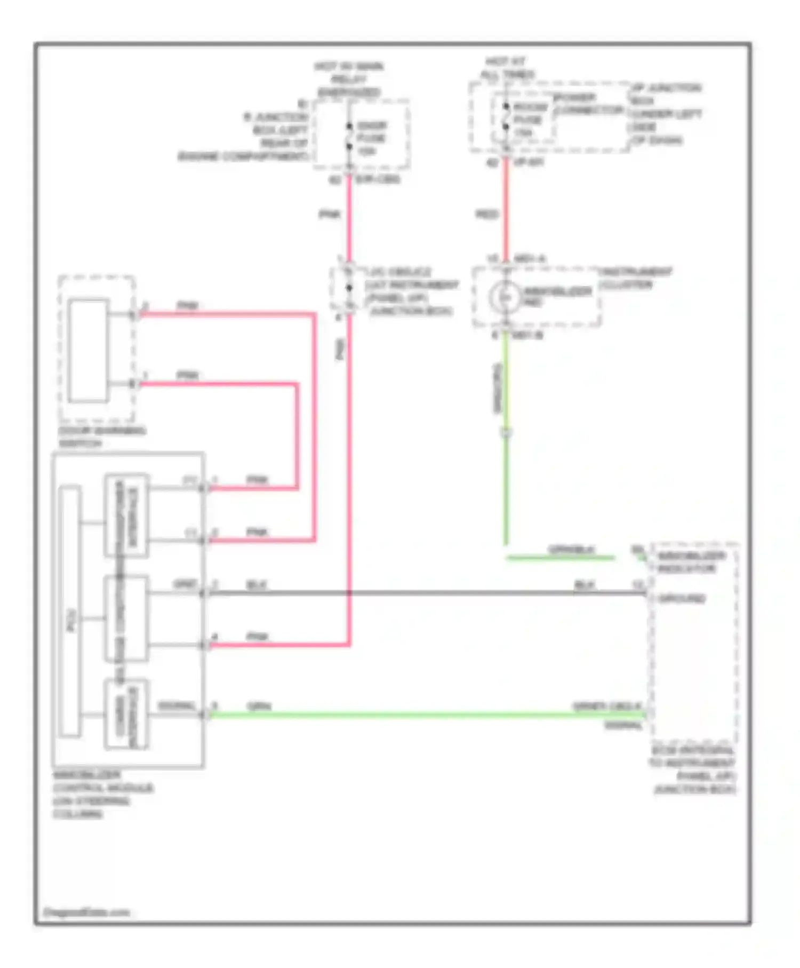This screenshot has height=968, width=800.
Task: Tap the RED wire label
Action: (x=486, y=215)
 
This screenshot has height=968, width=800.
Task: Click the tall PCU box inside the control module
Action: (x=70, y=611)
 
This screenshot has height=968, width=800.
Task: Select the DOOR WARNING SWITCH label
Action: (x=101, y=437)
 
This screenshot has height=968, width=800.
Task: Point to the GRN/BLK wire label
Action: (x=571, y=550)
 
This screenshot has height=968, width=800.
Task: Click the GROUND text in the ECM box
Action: (x=681, y=599)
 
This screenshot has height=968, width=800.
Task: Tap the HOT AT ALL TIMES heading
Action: (x=507, y=68)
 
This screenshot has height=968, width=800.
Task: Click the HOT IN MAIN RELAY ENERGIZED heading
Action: (x=349, y=79)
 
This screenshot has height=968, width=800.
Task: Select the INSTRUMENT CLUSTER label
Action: (x=636, y=278)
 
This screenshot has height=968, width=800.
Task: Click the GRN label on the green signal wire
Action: (x=259, y=707)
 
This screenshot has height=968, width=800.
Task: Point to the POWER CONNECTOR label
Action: (x=588, y=104)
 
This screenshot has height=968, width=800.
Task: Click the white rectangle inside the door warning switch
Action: (x=89, y=351)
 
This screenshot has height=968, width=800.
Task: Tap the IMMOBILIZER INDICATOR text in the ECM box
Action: (x=691, y=562)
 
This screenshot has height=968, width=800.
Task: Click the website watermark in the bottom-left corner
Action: (x=86, y=913)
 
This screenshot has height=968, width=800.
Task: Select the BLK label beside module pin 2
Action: (x=257, y=585)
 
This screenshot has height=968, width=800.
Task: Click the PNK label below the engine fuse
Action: (x=329, y=215)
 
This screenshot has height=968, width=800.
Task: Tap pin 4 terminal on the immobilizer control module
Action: (x=203, y=646)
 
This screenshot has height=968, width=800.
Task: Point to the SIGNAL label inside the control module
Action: (x=177, y=707)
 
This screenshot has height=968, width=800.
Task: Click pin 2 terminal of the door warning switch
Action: (x=134, y=315)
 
